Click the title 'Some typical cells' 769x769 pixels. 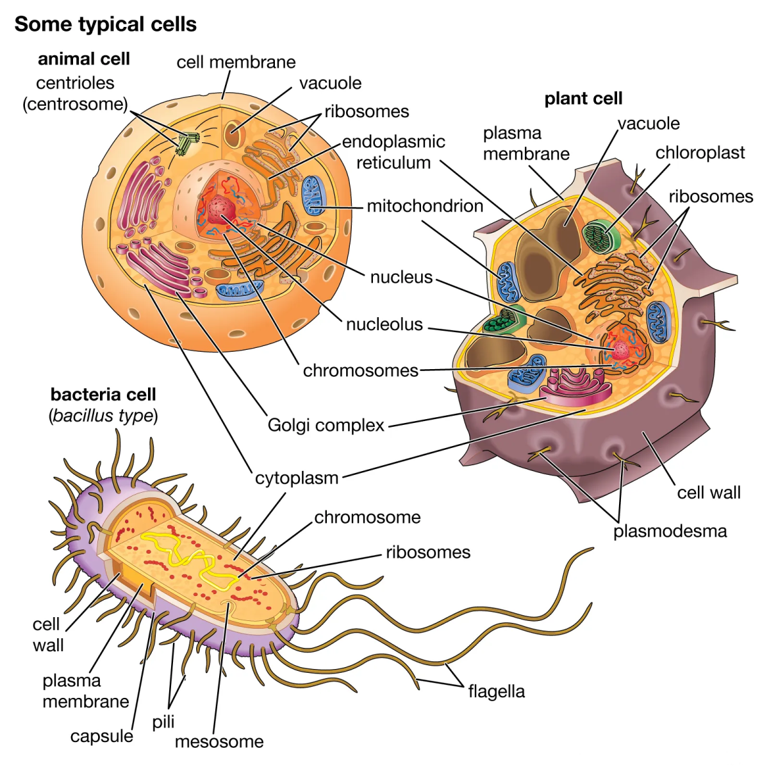(x=105, y=24)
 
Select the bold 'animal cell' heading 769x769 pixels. (x=83, y=59)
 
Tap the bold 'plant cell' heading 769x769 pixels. (x=583, y=99)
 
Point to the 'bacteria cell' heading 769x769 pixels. (x=103, y=394)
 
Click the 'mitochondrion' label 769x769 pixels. (x=425, y=206)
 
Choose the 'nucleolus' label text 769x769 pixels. (x=384, y=324)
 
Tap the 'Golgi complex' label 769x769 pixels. (x=326, y=425)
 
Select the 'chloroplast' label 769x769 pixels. (x=700, y=153)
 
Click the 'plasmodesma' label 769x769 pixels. (x=670, y=531)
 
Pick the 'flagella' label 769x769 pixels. (x=496, y=691)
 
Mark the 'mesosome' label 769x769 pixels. (x=219, y=741)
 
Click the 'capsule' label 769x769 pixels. (x=101, y=736)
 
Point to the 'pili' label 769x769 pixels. (x=163, y=722)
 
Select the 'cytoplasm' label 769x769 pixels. (x=296, y=478)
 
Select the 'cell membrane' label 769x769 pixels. (x=236, y=62)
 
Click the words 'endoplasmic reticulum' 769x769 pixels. (x=393, y=152)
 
